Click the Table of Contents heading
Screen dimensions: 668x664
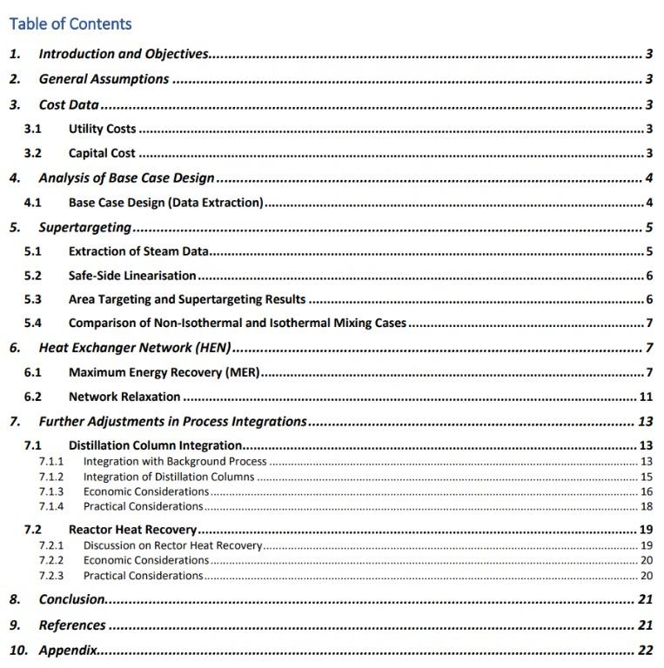click(x=70, y=23)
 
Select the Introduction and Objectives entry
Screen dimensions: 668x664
click(x=124, y=54)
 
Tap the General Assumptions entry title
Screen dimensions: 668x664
click(x=104, y=79)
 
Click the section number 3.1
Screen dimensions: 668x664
click(x=33, y=129)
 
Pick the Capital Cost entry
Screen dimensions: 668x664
click(x=102, y=154)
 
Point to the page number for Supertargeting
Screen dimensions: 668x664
click(x=649, y=228)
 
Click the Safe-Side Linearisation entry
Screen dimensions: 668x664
click(x=132, y=276)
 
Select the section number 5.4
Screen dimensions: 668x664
click(x=33, y=323)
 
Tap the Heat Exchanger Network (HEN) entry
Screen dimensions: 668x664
click(x=135, y=348)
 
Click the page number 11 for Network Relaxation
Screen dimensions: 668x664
click(x=646, y=397)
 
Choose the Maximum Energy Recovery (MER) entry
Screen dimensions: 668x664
click(x=164, y=372)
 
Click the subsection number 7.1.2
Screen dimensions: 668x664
click(x=51, y=477)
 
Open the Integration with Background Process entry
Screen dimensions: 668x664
click(x=175, y=461)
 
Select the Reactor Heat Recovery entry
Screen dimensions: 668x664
click(x=132, y=529)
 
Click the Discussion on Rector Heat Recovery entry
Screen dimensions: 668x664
click(x=172, y=545)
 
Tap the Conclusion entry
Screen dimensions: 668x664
click(x=72, y=599)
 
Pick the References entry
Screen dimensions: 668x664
click(x=72, y=625)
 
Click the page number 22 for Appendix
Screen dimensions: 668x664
click(x=645, y=650)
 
